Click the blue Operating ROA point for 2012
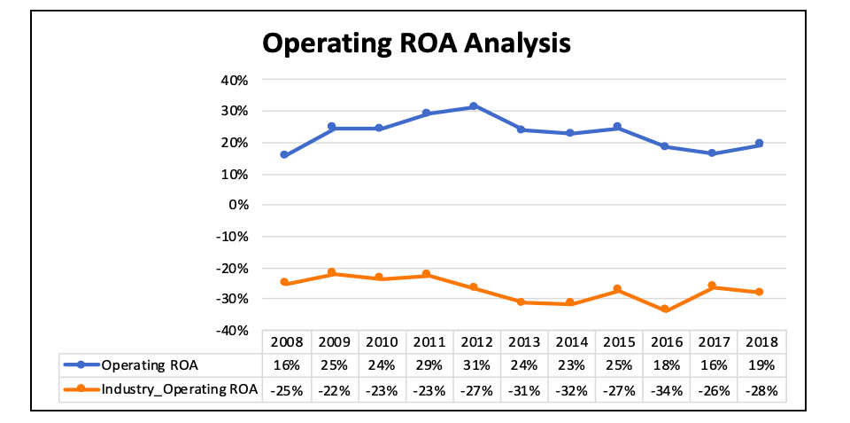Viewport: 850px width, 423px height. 474,106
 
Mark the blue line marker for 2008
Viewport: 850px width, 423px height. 284,154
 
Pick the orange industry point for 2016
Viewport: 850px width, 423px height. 665,309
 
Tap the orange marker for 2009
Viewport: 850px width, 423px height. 332,272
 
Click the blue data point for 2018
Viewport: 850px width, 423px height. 760,144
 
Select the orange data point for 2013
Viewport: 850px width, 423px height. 522,302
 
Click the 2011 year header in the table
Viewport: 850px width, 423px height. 429,341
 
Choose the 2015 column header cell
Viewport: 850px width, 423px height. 619,341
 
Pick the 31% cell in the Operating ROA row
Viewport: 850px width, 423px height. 476,364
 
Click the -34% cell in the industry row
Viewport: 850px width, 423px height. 666,389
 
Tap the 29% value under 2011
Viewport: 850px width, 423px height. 429,364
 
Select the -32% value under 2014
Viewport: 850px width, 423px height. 571,389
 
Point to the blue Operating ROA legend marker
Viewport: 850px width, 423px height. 81,364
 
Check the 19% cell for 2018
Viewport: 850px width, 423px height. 761,364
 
